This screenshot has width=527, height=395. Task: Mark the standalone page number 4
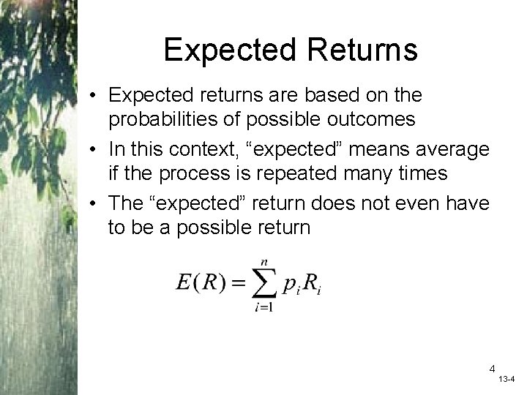[x=493, y=368]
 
